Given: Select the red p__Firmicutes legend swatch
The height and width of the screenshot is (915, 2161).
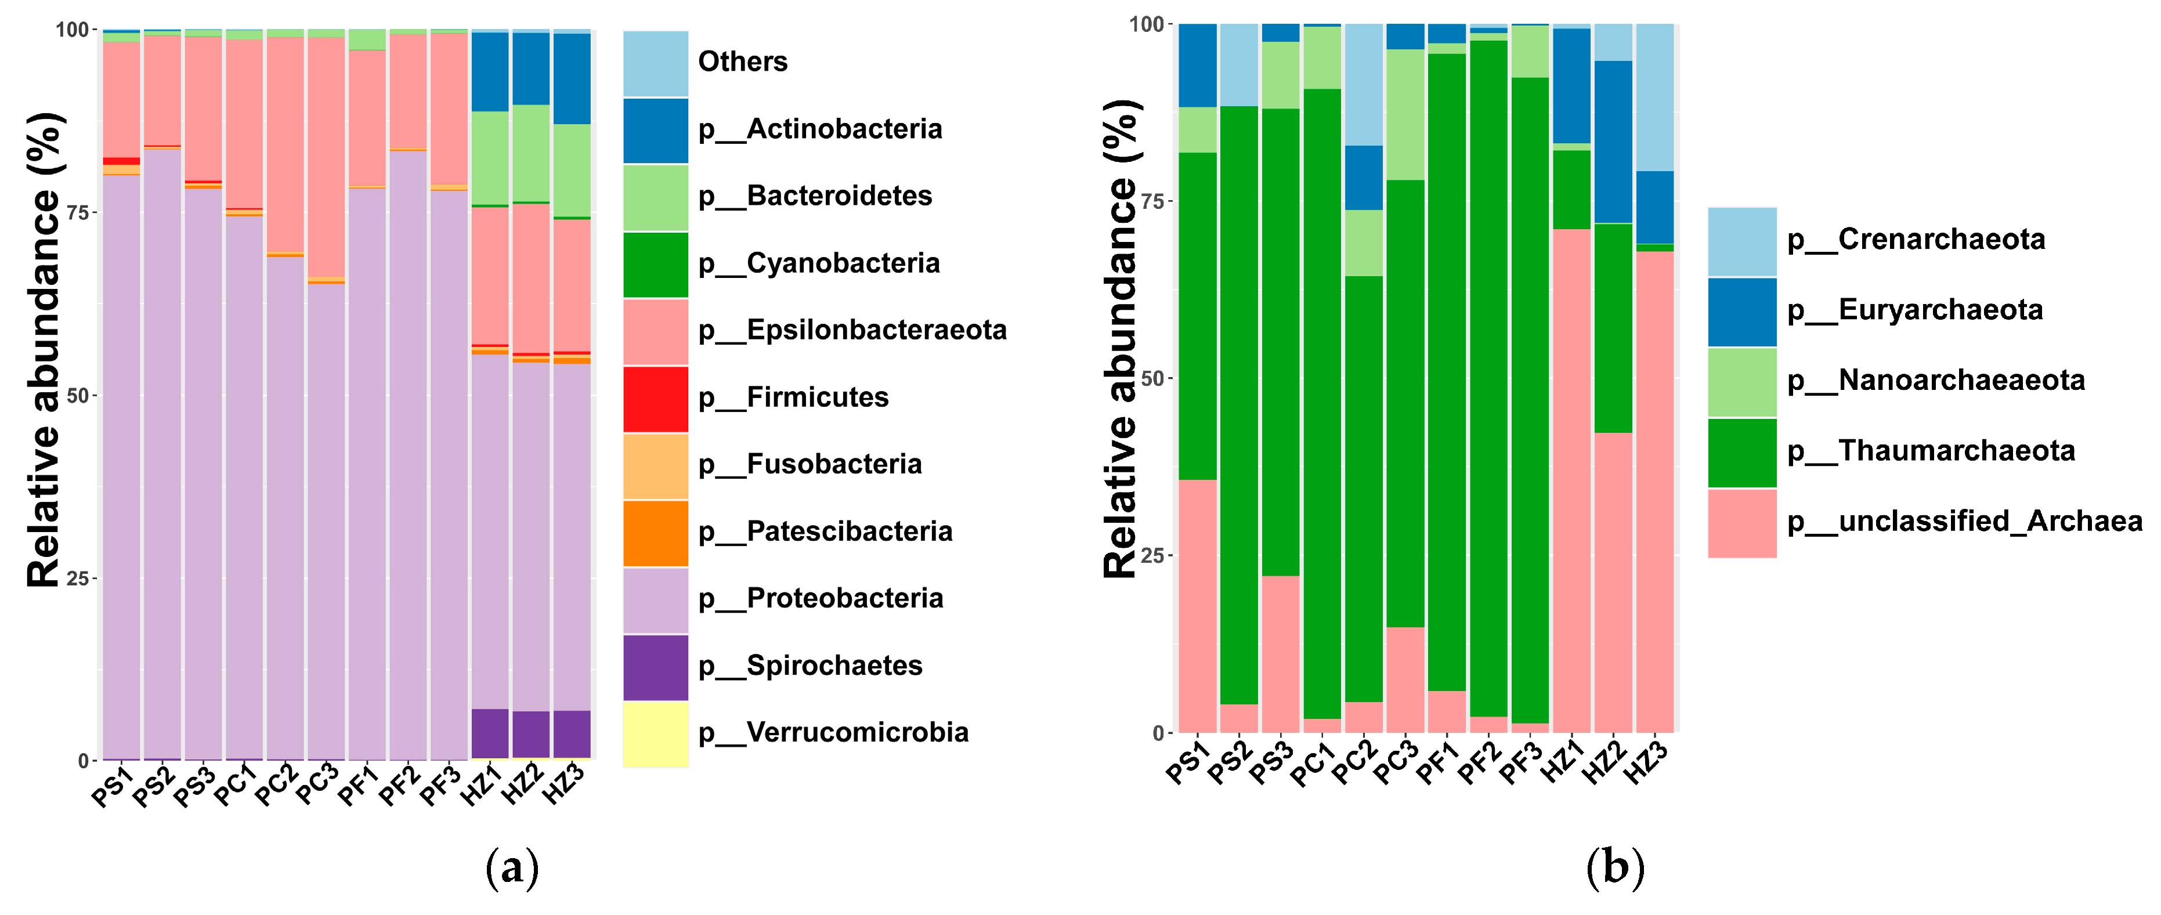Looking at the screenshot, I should (x=655, y=399).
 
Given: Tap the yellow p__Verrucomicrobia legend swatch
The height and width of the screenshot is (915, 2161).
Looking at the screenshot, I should (x=655, y=734).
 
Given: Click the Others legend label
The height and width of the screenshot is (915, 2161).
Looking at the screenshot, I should (x=742, y=62).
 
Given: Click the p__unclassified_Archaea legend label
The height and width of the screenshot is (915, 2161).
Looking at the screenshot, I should (x=1964, y=522).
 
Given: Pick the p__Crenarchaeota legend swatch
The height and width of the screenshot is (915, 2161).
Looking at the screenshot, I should (x=1741, y=241).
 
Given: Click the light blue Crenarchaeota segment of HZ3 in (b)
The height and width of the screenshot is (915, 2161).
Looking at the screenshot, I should (x=1654, y=96).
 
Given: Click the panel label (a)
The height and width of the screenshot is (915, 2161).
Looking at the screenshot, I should (x=512, y=869).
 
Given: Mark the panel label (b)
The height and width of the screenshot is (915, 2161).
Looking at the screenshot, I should (x=1615, y=869).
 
